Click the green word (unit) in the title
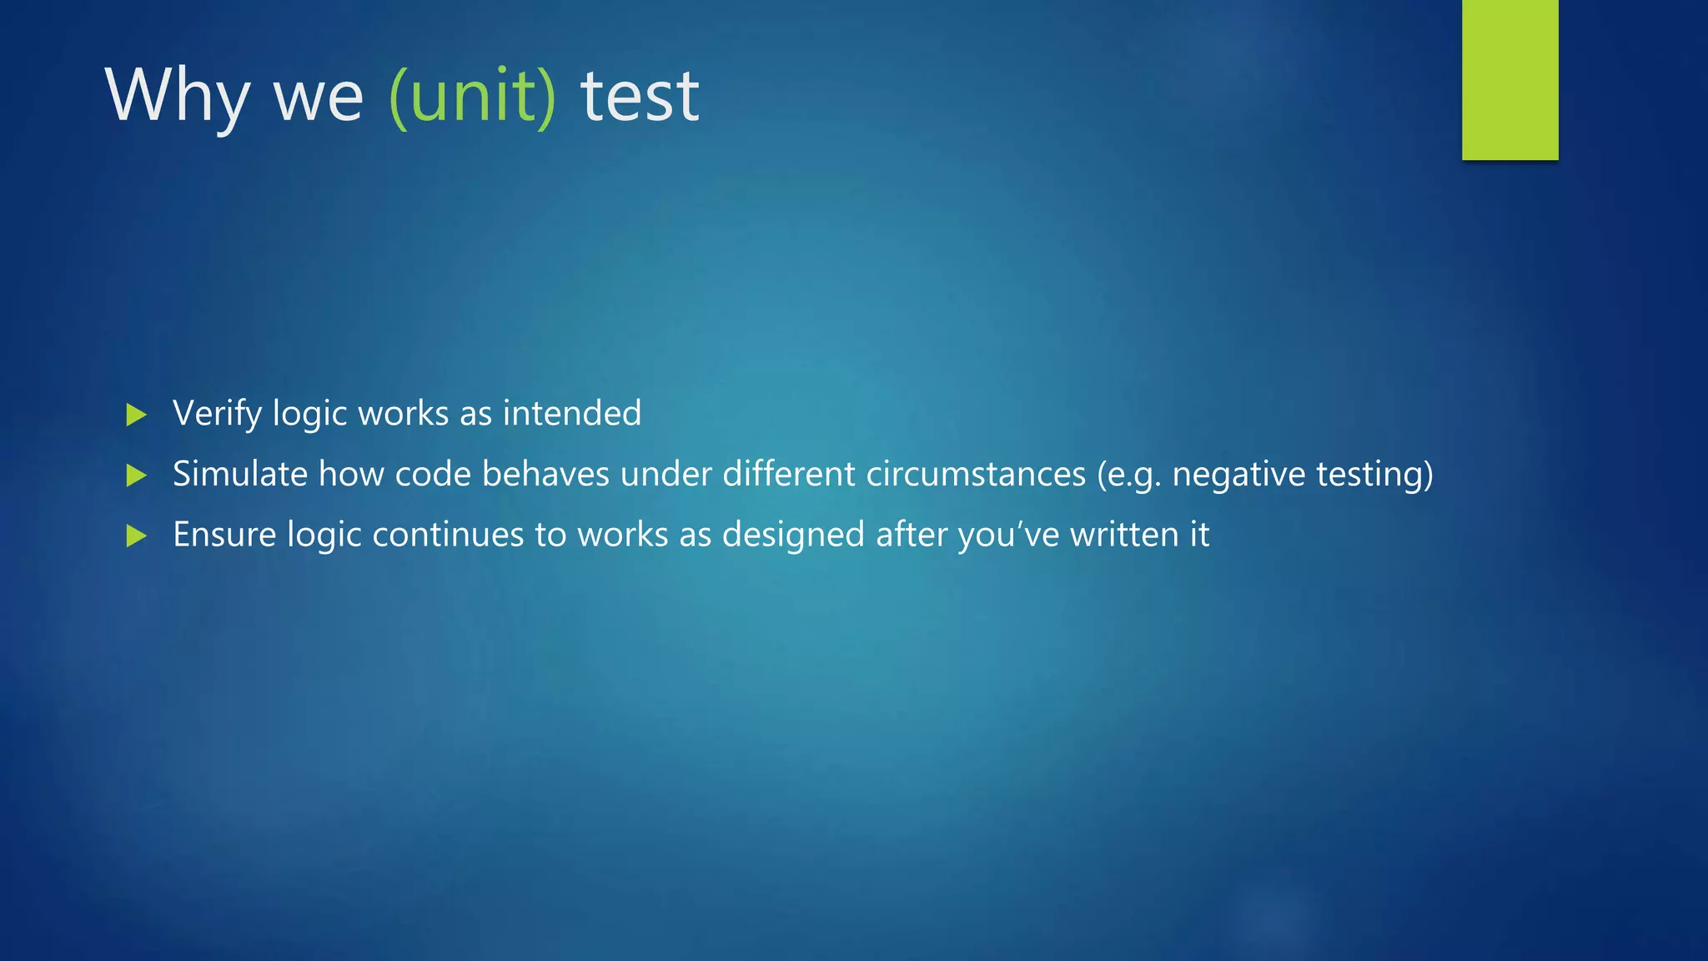472,97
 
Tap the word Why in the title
177,97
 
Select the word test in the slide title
640,97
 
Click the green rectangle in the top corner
1510,79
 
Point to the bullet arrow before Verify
137,415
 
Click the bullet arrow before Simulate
137,475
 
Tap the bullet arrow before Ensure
137,536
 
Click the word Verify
217,414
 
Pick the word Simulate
240,474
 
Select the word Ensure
224,535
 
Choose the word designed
793,535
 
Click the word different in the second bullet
789,474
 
